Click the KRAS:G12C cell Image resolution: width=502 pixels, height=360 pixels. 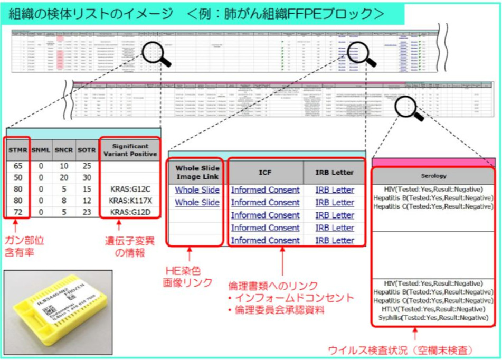(x=130, y=188)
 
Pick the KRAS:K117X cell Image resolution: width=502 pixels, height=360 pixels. (x=130, y=200)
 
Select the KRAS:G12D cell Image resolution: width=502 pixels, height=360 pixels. (x=130, y=212)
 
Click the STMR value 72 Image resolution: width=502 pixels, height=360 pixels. (x=17, y=212)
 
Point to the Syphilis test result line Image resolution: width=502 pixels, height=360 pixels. (x=433, y=318)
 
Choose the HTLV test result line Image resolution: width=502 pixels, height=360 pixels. (x=433, y=309)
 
